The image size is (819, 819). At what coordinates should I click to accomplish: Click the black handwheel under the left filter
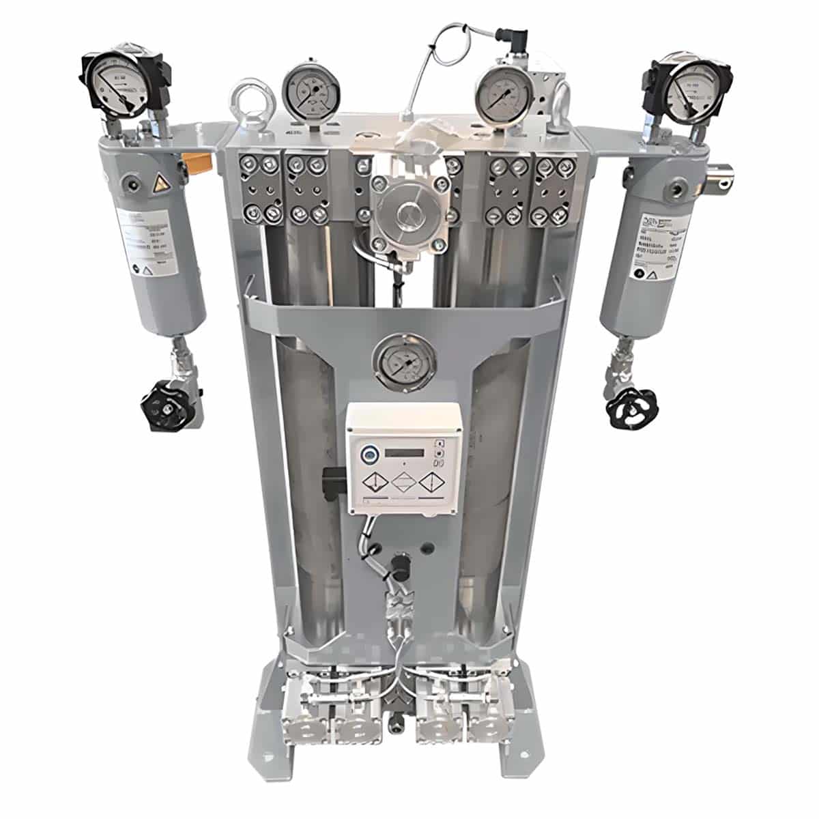(x=164, y=409)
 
